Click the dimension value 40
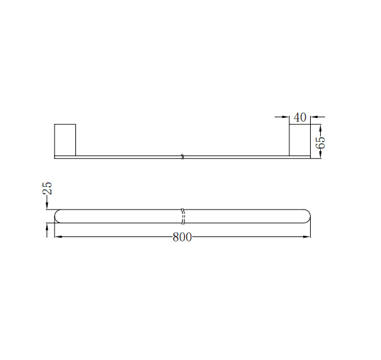tap(299, 117)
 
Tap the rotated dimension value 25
tap(47, 188)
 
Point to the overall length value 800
tap(182, 237)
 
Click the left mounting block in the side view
tap(65, 140)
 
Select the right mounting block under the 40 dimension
tap(299, 140)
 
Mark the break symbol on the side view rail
tap(182, 157)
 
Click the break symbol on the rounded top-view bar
tap(183, 216)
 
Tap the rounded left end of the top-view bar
tap(58, 216)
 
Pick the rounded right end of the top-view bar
tap(307, 216)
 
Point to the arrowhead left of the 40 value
tap(286, 116)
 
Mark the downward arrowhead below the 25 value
tap(47, 206)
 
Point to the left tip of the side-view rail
tap(55, 157)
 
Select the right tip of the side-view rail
tap(310, 157)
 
